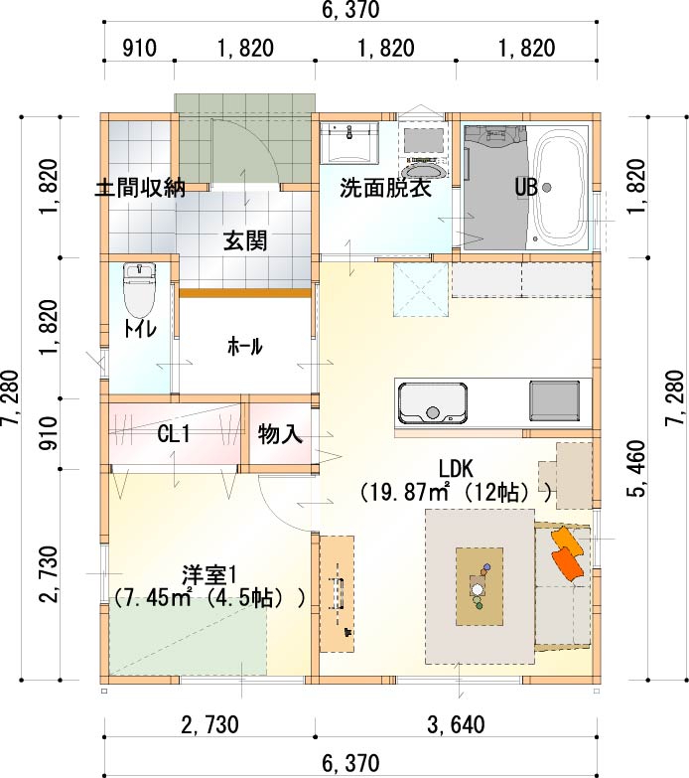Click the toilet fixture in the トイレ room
coord(139,290)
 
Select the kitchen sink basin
coord(433,403)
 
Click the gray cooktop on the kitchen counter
coord(554,400)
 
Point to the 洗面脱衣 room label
coord(385,188)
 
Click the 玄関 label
coord(245,240)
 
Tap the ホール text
coord(245,346)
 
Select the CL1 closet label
coord(174,434)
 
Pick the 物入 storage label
coord(280,434)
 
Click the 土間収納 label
coord(140,188)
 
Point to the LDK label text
coord(456,468)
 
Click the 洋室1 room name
coord(209,575)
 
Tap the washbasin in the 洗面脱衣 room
coord(349,143)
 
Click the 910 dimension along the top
coord(139,49)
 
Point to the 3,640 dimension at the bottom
coord(456,725)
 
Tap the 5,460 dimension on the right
coord(637,468)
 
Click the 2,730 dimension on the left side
coord(50,574)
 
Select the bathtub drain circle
coord(547,188)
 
